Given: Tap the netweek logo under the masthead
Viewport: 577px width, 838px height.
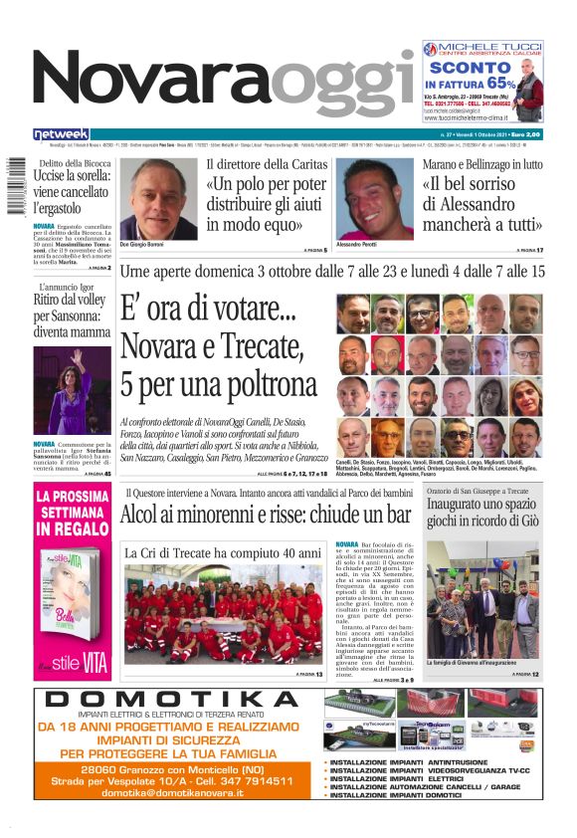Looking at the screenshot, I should pyautogui.click(x=61, y=134).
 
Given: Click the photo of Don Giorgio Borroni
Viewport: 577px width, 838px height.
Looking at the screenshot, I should pyautogui.click(x=159, y=199).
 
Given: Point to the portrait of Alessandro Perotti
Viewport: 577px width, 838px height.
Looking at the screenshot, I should pyautogui.click(x=374, y=199).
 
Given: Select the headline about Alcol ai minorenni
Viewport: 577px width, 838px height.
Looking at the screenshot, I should pyautogui.click(x=266, y=515).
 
